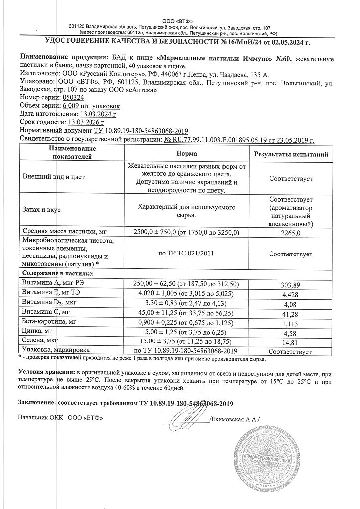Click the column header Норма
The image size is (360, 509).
[186, 154]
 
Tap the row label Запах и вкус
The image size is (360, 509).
[42, 210]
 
